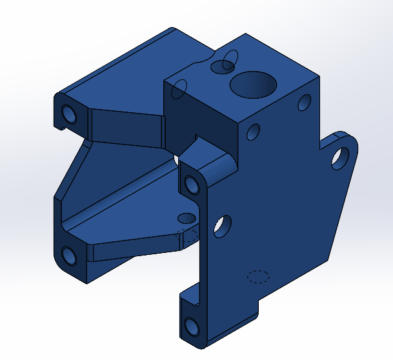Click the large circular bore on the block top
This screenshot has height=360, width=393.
coord(253,85)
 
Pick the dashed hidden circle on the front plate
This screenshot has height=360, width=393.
coord(258,277)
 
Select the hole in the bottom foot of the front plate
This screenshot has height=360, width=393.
coord(192,327)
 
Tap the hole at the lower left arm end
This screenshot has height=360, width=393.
coord(69,257)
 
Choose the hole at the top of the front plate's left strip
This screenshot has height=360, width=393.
coord(192,185)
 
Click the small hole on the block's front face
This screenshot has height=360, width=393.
coord(254,132)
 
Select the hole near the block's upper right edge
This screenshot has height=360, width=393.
coord(303,103)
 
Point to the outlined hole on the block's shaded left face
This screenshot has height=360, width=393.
coord(181,89)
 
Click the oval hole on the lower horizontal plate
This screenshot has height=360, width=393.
coord(186,217)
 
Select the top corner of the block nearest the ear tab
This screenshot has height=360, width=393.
coord(318,77)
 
